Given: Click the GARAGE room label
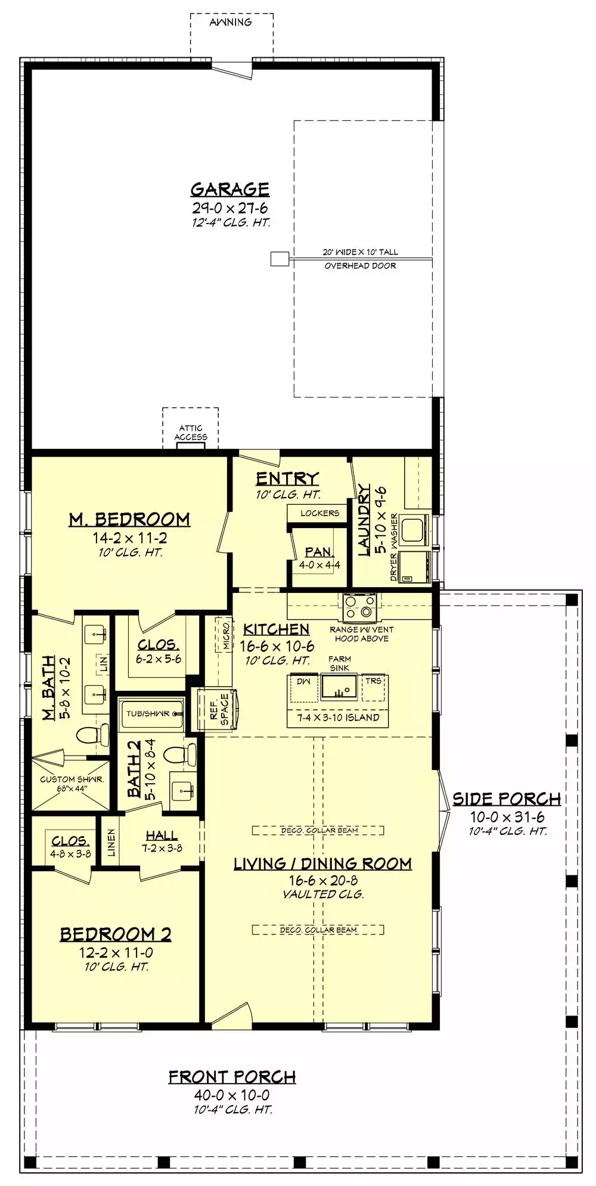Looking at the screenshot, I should [230, 190].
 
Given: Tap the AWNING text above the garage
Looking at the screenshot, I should [231, 22].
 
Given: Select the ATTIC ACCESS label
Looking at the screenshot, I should [191, 432].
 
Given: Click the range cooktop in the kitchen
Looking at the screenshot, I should [360, 606].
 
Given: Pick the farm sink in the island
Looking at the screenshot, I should [339, 687].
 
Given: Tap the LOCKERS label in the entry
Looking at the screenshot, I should [319, 513].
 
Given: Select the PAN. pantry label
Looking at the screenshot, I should [319, 552].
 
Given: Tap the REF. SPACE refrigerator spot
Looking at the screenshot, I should [219, 710].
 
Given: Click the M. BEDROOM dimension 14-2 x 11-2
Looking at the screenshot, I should [129, 538].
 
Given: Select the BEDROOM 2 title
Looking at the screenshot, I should [116, 934].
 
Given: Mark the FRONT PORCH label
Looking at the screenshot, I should [232, 1077].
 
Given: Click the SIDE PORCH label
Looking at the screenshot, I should [507, 799].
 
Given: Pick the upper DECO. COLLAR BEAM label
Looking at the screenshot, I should [319, 830].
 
